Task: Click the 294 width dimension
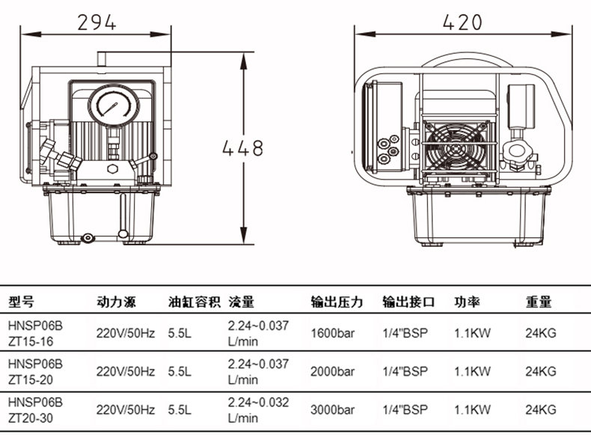tap(97, 22)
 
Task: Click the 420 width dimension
tap(462, 22)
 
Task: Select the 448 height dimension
tap(242, 148)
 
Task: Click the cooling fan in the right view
tap(455, 148)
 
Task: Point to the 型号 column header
tap(21, 302)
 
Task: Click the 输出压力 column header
tap(337, 302)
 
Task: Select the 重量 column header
tap(539, 302)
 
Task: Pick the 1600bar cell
tap(332, 333)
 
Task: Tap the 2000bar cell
tap(332, 372)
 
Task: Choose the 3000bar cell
tap(332, 410)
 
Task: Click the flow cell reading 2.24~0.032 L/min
tap(258, 410)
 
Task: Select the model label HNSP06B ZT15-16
tap(35, 333)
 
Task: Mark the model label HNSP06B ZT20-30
tap(35, 410)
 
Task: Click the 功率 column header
tap(467, 302)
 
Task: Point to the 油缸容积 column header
tap(194, 302)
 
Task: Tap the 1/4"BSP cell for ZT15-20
tap(405, 372)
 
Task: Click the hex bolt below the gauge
tap(113, 168)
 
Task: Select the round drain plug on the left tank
tap(88, 238)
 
